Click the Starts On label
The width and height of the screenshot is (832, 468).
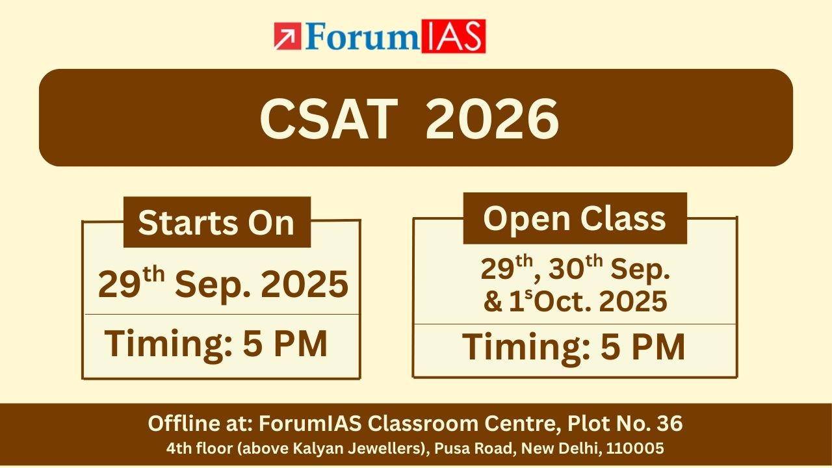(x=216, y=223)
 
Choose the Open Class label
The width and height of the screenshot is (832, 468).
(x=575, y=218)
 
